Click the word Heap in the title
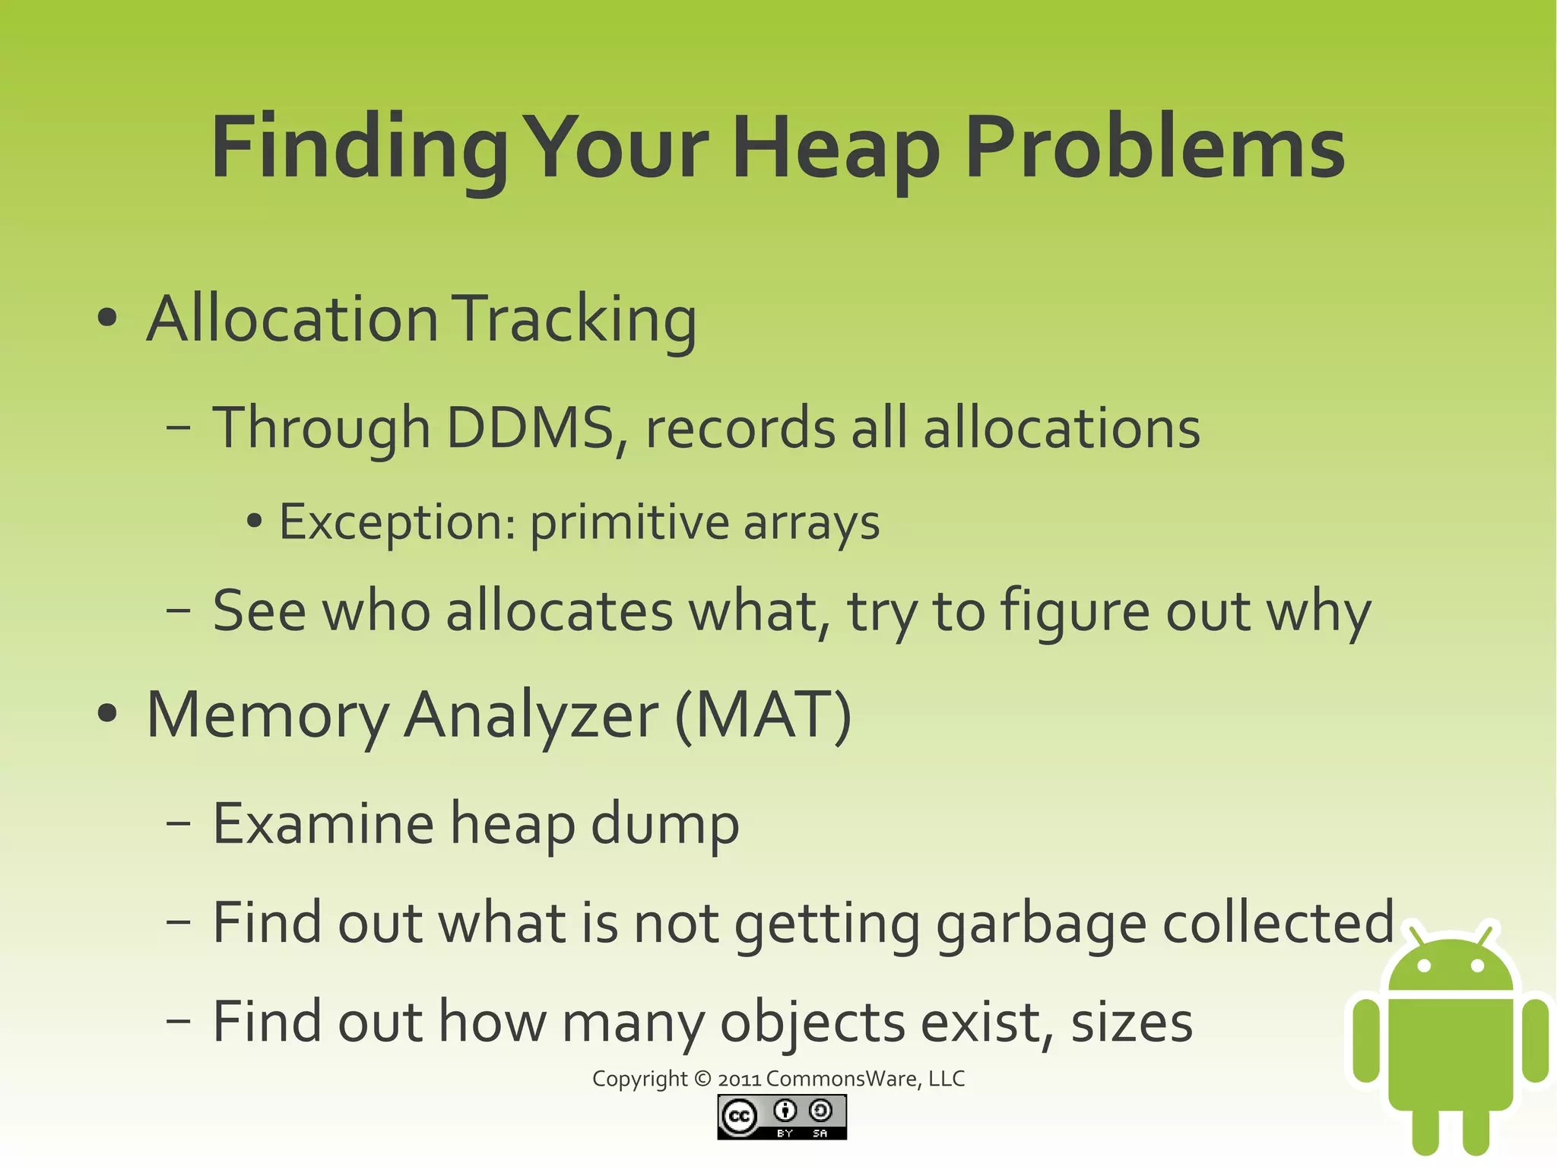pos(836,148)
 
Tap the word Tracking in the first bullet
pos(576,319)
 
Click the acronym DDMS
pos(530,427)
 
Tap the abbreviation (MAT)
pos(763,715)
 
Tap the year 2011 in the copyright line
pos(739,1079)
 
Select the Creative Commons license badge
pos(782,1117)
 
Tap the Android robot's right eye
pos(1477,966)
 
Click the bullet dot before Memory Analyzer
pos(108,715)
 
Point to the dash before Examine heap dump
pos(178,824)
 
